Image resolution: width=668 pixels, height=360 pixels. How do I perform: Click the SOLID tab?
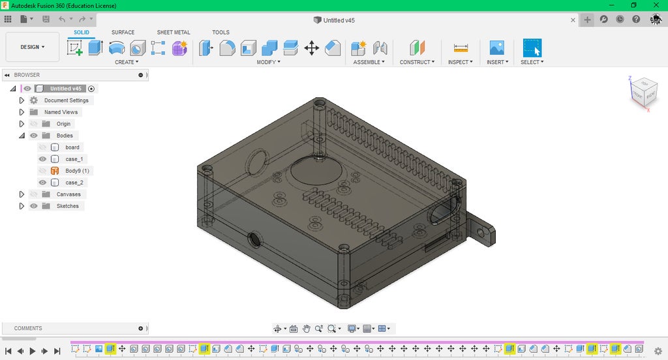pos(82,32)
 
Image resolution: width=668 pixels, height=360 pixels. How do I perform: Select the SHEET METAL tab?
pos(174,32)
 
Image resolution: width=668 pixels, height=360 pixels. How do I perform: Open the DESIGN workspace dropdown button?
pos(32,47)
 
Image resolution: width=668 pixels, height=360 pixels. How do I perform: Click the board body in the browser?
pos(72,147)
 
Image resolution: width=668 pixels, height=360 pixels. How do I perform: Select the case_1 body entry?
pos(74,159)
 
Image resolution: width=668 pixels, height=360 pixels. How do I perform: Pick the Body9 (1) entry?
pos(77,171)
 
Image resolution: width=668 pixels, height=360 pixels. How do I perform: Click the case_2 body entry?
pos(74,183)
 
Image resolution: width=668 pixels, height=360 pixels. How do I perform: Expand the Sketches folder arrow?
pos(22,206)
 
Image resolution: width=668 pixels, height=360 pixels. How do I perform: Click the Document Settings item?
pos(66,100)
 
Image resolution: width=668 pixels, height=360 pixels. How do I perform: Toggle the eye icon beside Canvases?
pos(33,194)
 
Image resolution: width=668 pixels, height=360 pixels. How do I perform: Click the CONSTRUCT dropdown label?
pos(417,62)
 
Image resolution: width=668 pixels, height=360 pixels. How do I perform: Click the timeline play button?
pos(33,351)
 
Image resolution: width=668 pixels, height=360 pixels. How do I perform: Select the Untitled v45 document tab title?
pos(339,20)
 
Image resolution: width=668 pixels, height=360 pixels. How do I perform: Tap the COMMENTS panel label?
pos(28,328)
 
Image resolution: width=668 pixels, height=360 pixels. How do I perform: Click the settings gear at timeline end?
pos(658,351)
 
